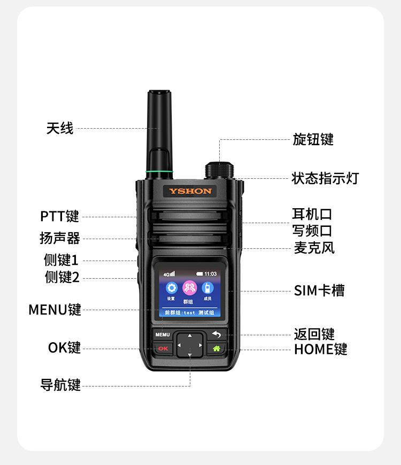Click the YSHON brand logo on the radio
click(190, 191)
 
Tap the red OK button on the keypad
click(163, 349)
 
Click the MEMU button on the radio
click(163, 335)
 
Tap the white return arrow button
click(217, 335)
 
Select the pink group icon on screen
click(189, 288)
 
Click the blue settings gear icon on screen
click(172, 288)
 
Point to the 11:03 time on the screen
click(210, 274)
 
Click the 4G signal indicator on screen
click(169, 274)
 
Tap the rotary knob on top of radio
click(219, 170)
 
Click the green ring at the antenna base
click(159, 171)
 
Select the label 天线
click(60, 128)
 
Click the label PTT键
click(59, 216)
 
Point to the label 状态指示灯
click(325, 178)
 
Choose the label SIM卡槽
click(319, 290)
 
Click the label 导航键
click(60, 385)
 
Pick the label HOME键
click(320, 349)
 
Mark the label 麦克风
click(314, 248)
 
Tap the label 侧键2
click(62, 277)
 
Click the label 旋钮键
click(313, 139)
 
